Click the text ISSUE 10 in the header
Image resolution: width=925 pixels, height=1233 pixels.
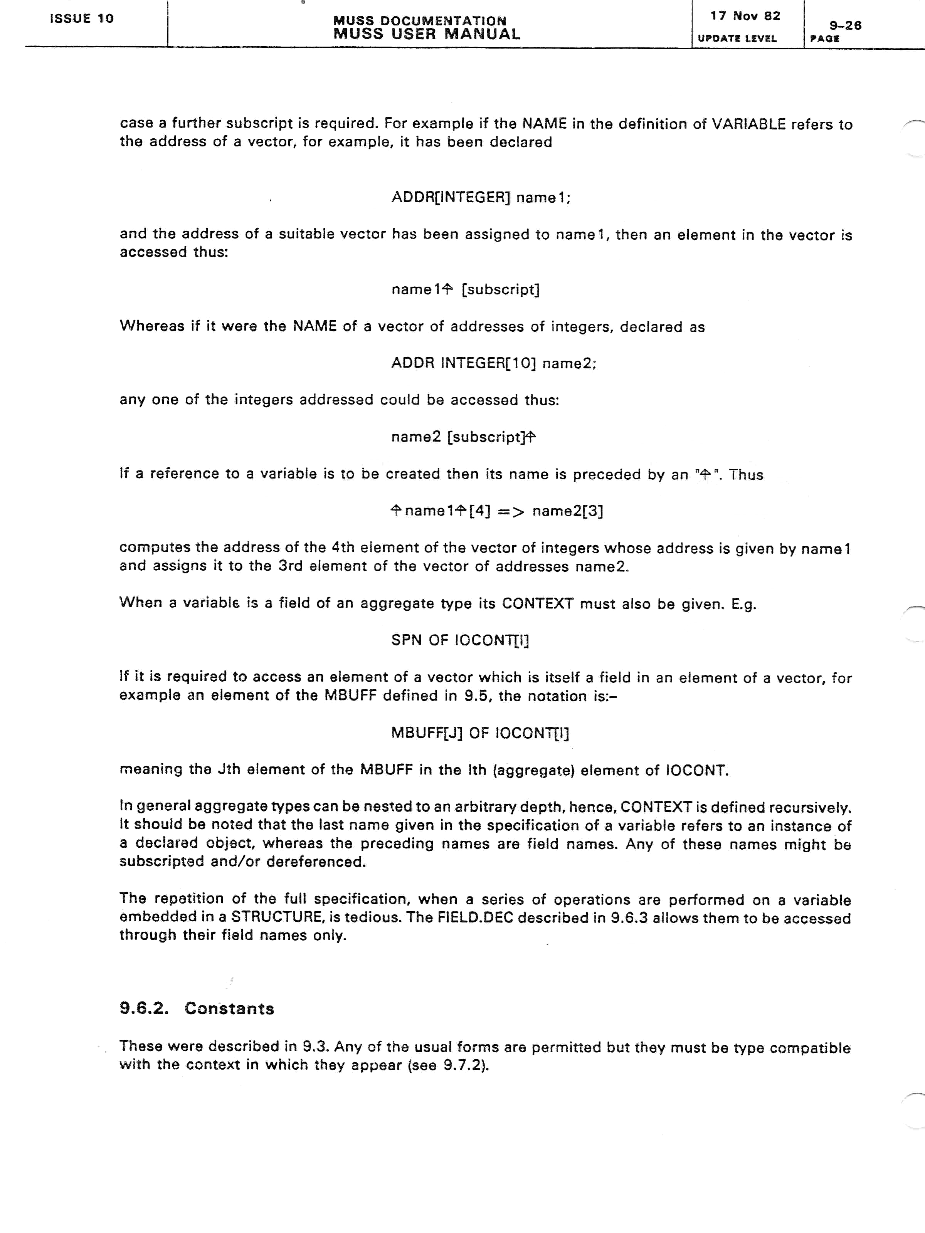(x=81, y=18)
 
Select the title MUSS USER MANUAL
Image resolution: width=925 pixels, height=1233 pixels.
(x=427, y=35)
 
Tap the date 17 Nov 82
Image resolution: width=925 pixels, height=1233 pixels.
(x=745, y=16)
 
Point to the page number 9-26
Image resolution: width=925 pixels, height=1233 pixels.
(x=845, y=25)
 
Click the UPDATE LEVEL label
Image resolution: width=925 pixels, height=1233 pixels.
(x=737, y=39)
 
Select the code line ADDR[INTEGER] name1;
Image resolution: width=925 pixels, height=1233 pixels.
(x=481, y=198)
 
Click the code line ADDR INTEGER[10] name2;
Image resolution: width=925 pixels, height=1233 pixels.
(x=493, y=363)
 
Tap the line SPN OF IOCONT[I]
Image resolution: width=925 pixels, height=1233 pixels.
(x=460, y=640)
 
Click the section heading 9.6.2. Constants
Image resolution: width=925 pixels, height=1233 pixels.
(x=197, y=1008)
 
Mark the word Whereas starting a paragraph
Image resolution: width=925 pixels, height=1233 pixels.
(x=151, y=326)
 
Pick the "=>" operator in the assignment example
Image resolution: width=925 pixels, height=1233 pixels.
(x=511, y=512)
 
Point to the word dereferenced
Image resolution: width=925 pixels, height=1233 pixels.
(x=316, y=862)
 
